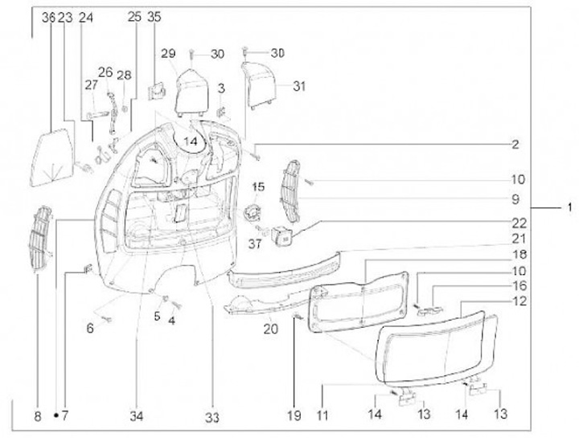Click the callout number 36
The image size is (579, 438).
click(x=47, y=17)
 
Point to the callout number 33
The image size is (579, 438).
click(x=211, y=416)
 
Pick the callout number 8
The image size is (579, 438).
click(x=37, y=416)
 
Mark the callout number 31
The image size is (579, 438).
click(x=299, y=85)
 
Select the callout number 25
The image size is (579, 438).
click(x=133, y=17)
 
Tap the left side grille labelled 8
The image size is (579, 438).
click(x=42, y=239)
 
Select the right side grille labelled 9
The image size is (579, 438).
click(x=291, y=191)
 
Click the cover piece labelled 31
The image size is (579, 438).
click(x=263, y=85)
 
